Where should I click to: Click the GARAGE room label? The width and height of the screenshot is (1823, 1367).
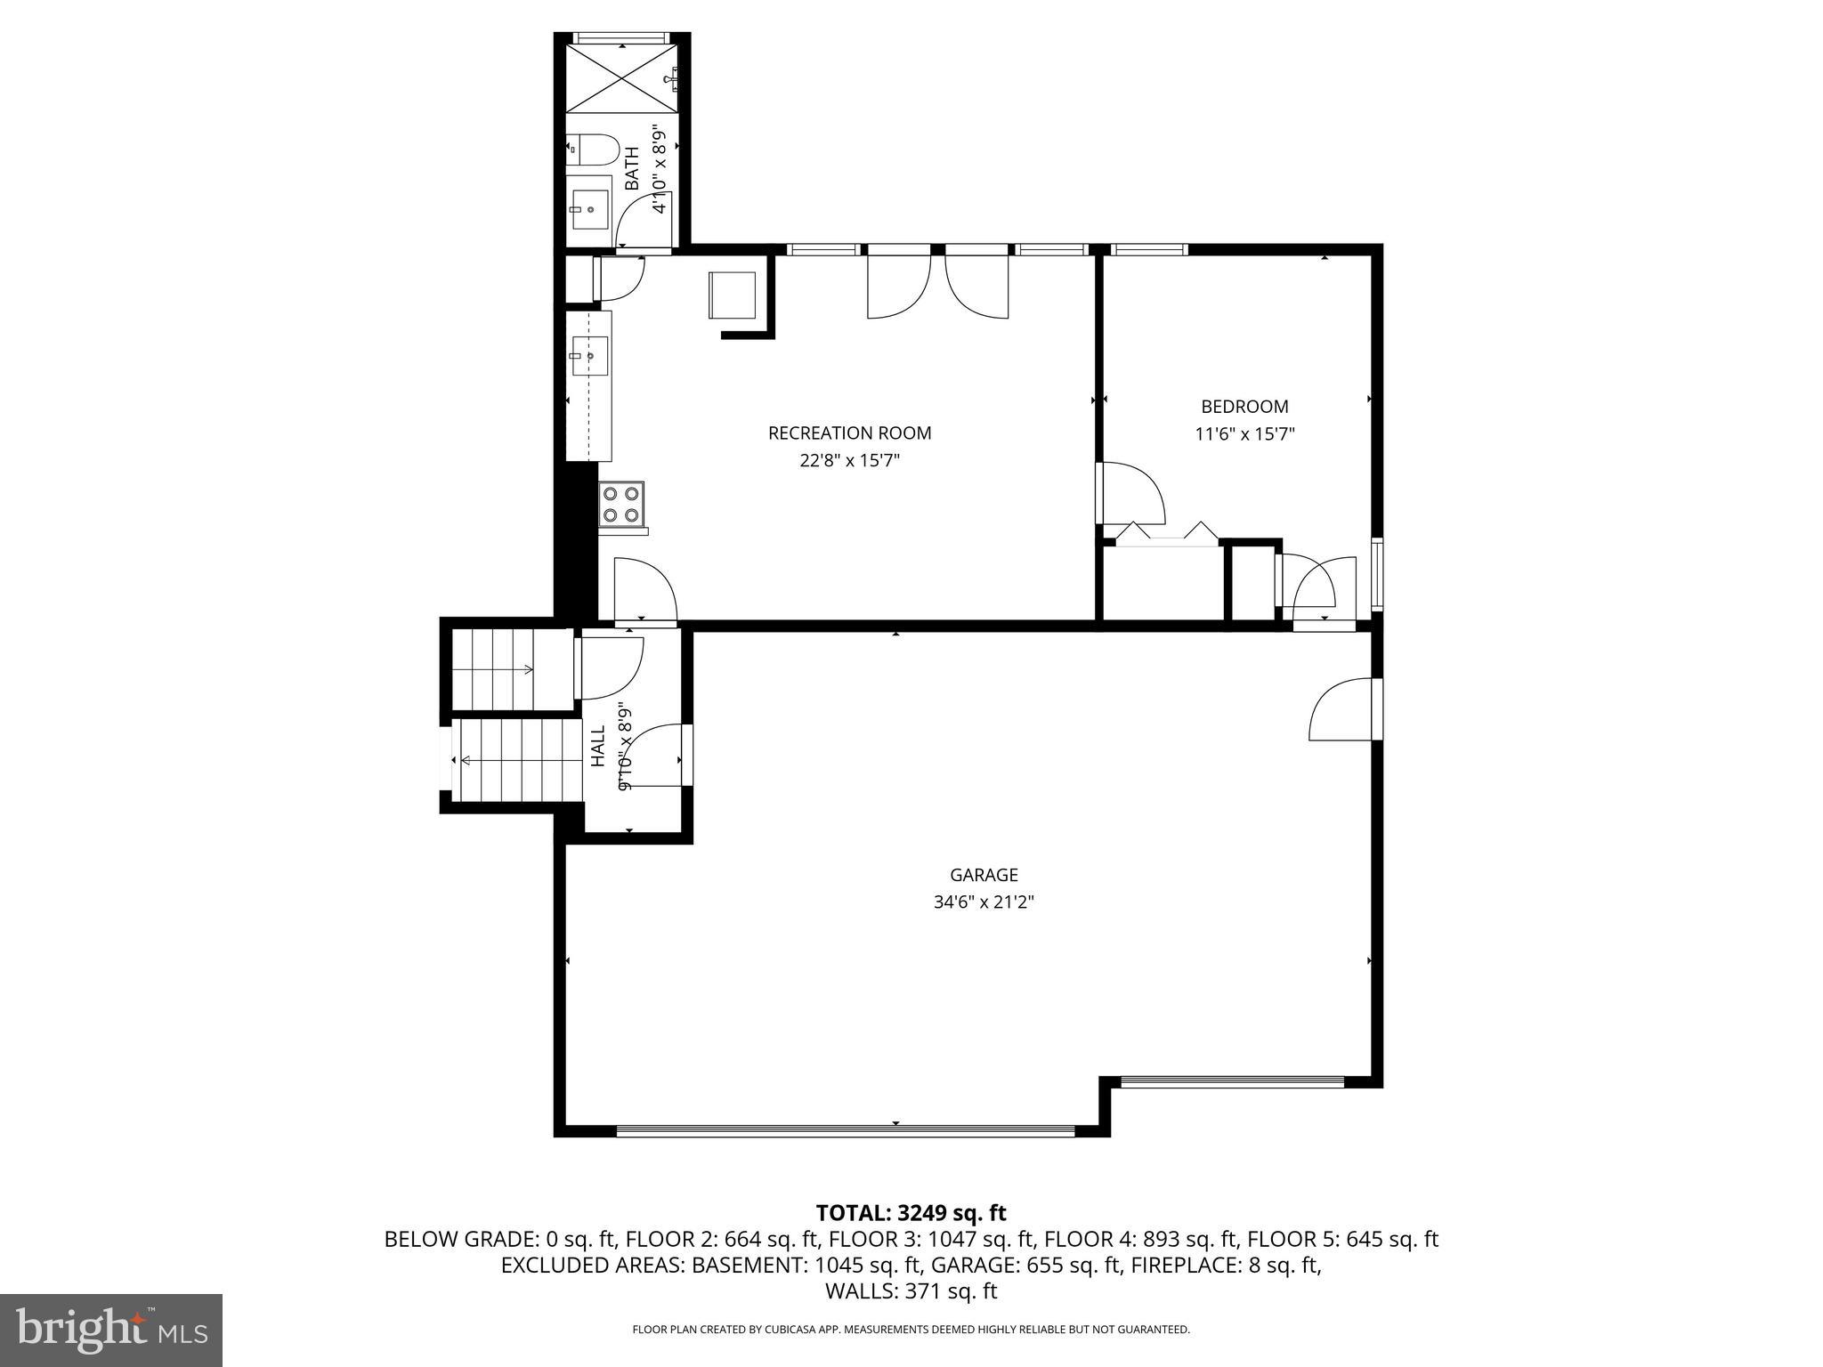pos(983,875)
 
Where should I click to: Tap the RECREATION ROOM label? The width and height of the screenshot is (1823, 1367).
pos(849,433)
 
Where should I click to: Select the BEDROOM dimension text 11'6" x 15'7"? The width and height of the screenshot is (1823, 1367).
pos(1244,434)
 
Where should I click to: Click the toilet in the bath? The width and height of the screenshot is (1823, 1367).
pos(592,150)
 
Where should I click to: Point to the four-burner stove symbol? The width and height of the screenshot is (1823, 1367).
pos(620,504)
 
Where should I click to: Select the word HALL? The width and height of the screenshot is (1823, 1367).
pos(598,746)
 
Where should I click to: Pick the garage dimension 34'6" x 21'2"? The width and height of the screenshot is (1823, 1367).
pos(983,902)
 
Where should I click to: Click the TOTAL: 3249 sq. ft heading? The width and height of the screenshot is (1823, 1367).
pos(911,1213)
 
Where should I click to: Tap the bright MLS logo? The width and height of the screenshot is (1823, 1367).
pos(111,1330)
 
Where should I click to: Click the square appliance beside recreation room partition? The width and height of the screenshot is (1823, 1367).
pos(732,295)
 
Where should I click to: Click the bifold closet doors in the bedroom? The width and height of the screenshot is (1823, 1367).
pos(1166,534)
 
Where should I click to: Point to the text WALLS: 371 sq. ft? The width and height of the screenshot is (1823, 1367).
pos(911,1291)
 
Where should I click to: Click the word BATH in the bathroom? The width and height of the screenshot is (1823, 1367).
pos(632,168)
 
